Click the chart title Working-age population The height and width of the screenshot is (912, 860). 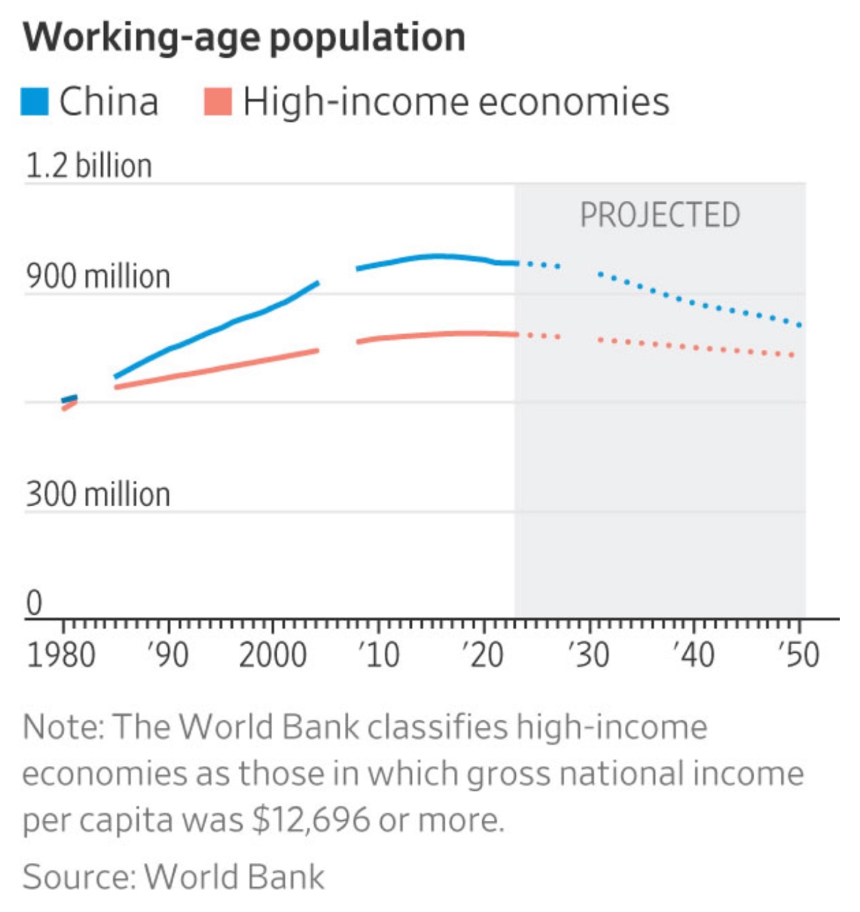click(x=244, y=37)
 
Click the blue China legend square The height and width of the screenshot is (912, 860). click(x=35, y=101)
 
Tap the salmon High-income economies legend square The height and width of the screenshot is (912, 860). click(x=218, y=101)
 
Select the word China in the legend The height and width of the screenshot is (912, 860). click(x=108, y=101)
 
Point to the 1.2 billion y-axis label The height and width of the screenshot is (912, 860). click(x=88, y=165)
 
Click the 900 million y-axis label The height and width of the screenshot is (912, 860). click(x=98, y=276)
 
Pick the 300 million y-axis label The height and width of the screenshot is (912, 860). click(x=98, y=494)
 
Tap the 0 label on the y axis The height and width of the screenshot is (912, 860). click(x=34, y=603)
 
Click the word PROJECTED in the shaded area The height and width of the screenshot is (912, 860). click(x=660, y=215)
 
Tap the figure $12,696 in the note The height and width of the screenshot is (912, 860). click(x=311, y=820)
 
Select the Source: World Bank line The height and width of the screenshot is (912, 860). click(x=173, y=876)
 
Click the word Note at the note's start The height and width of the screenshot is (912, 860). click(x=62, y=727)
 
